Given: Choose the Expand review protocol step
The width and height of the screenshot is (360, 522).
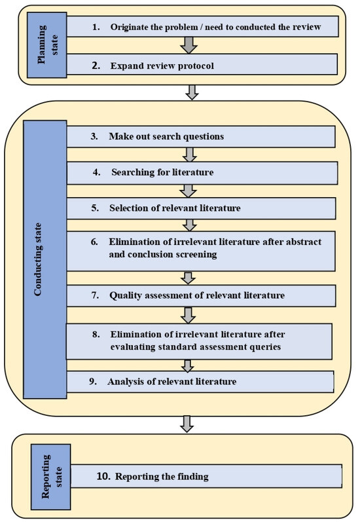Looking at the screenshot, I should pyautogui.click(x=203, y=64).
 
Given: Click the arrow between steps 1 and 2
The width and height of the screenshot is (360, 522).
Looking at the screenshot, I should pyautogui.click(x=189, y=45).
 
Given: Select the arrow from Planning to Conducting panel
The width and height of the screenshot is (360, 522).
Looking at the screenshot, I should pyautogui.click(x=191, y=92).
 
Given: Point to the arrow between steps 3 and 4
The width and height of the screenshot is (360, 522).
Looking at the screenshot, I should pyautogui.click(x=190, y=155).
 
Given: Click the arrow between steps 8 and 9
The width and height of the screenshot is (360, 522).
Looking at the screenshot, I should pyautogui.click(x=189, y=364).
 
